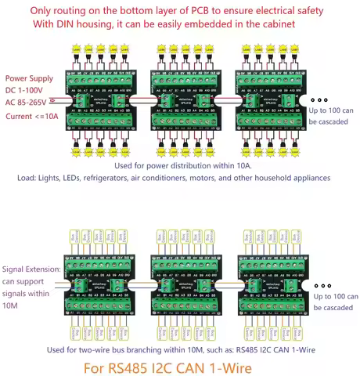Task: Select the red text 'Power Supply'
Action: [x=31, y=79]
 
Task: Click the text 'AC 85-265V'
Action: [x=31, y=103]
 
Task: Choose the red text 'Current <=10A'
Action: [x=34, y=116]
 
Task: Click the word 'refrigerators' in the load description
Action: [x=129, y=179]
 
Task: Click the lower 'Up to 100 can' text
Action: [x=335, y=297]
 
